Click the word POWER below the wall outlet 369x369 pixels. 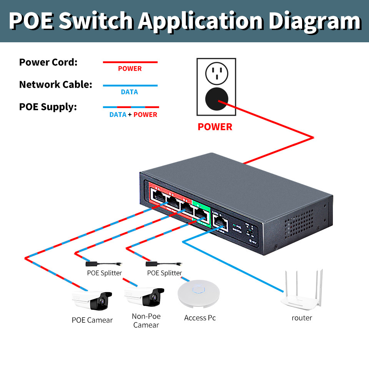(x=215, y=127)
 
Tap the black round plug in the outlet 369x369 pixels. (x=217, y=99)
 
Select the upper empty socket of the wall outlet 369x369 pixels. (x=217, y=73)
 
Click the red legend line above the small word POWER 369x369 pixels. (x=130, y=62)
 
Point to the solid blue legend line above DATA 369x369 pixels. (x=130, y=85)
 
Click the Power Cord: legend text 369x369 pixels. (x=48, y=62)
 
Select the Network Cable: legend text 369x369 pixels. (x=56, y=85)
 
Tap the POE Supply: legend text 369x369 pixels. (x=48, y=107)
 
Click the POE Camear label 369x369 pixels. (x=92, y=320)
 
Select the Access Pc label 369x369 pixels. (x=200, y=318)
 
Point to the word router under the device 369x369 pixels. (x=302, y=318)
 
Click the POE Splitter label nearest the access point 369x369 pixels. (x=165, y=273)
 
